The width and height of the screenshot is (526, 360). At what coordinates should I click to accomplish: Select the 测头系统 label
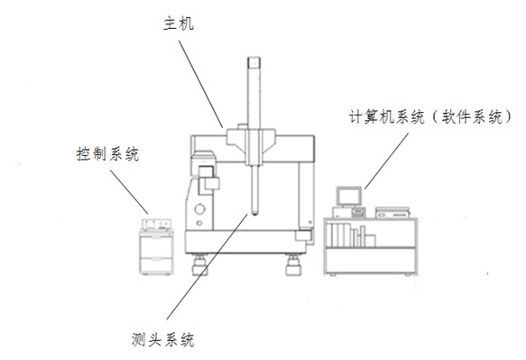coord(162,339)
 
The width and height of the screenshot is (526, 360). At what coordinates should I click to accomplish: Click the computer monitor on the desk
coord(348,196)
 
